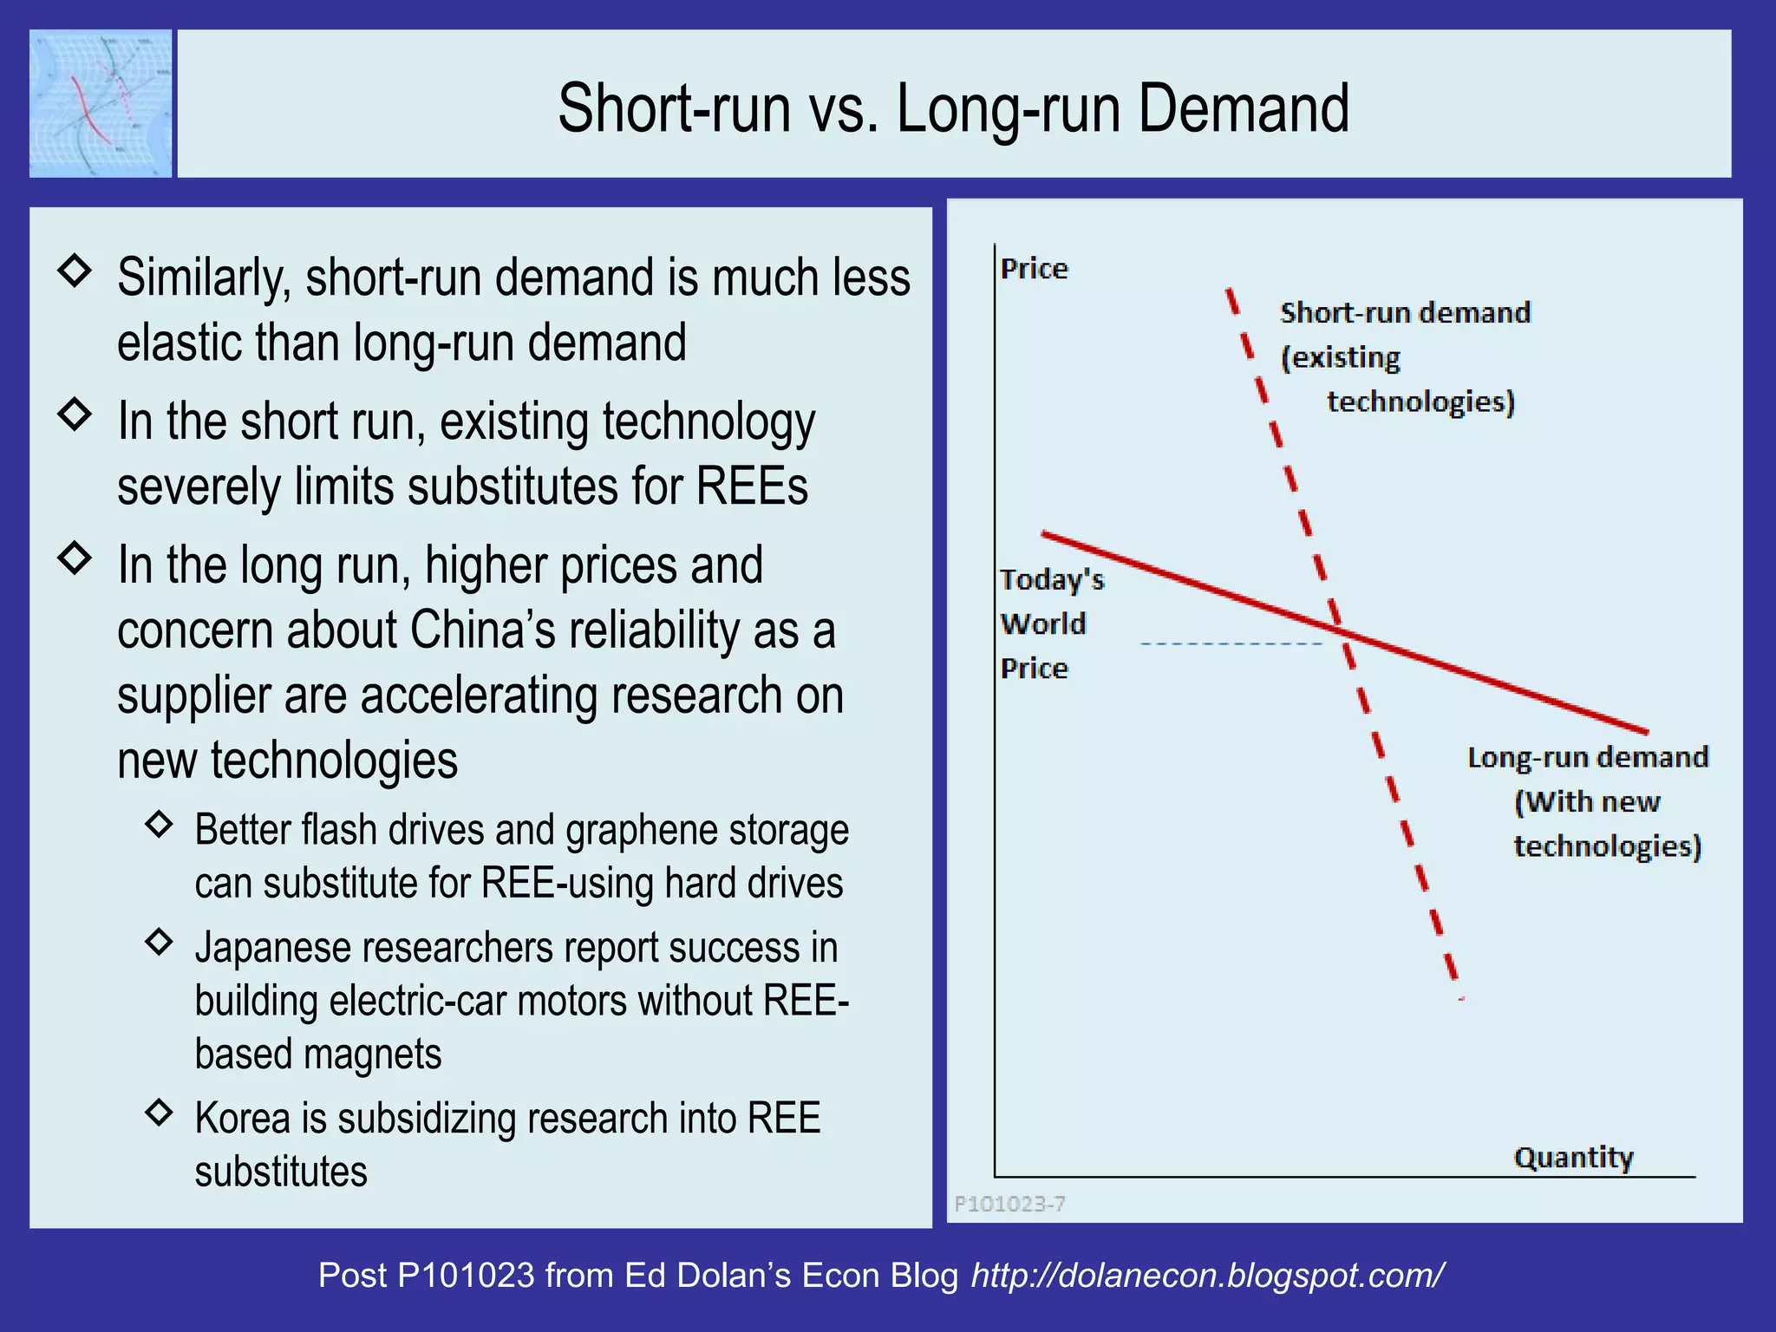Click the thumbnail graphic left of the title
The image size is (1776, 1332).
pyautogui.click(x=101, y=103)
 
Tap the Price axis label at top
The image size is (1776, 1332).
pyautogui.click(x=1034, y=269)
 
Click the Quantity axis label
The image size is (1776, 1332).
pyautogui.click(x=1573, y=1158)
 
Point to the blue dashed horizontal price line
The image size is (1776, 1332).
pyautogui.click(x=1231, y=643)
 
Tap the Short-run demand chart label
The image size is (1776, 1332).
pyautogui.click(x=1405, y=356)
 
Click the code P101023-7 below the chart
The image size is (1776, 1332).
pyautogui.click(x=1009, y=1204)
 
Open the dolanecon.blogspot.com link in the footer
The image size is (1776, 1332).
pyautogui.click(x=1207, y=1276)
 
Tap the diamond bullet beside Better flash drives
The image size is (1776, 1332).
pyautogui.click(x=160, y=824)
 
